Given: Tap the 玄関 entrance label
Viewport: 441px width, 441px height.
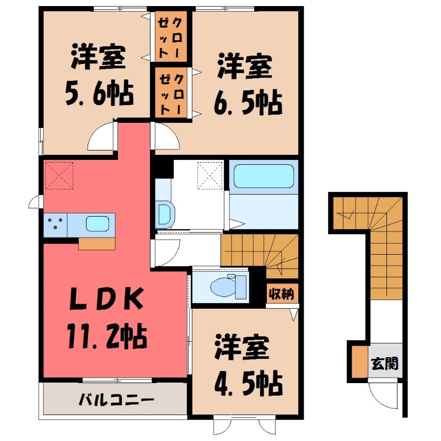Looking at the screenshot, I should click(x=385, y=364).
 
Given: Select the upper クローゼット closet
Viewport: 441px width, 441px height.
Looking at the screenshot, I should click(x=170, y=37).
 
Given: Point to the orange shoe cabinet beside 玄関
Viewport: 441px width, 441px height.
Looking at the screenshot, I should click(x=358, y=362).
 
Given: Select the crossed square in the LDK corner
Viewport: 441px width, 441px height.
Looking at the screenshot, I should click(x=59, y=175).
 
